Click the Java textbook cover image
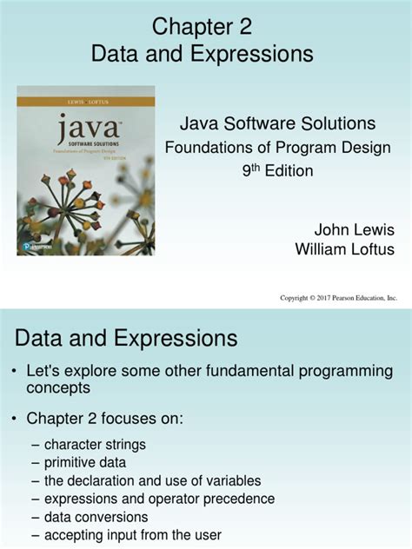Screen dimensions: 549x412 [85, 169]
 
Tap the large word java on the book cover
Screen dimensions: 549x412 [83, 133]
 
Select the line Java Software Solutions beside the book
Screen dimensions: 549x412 [276, 124]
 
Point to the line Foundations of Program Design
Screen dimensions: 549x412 [278, 148]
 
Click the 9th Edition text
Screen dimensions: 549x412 [277, 170]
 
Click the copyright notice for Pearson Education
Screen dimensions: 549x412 [338, 298]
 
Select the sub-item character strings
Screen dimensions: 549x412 [95, 444]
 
